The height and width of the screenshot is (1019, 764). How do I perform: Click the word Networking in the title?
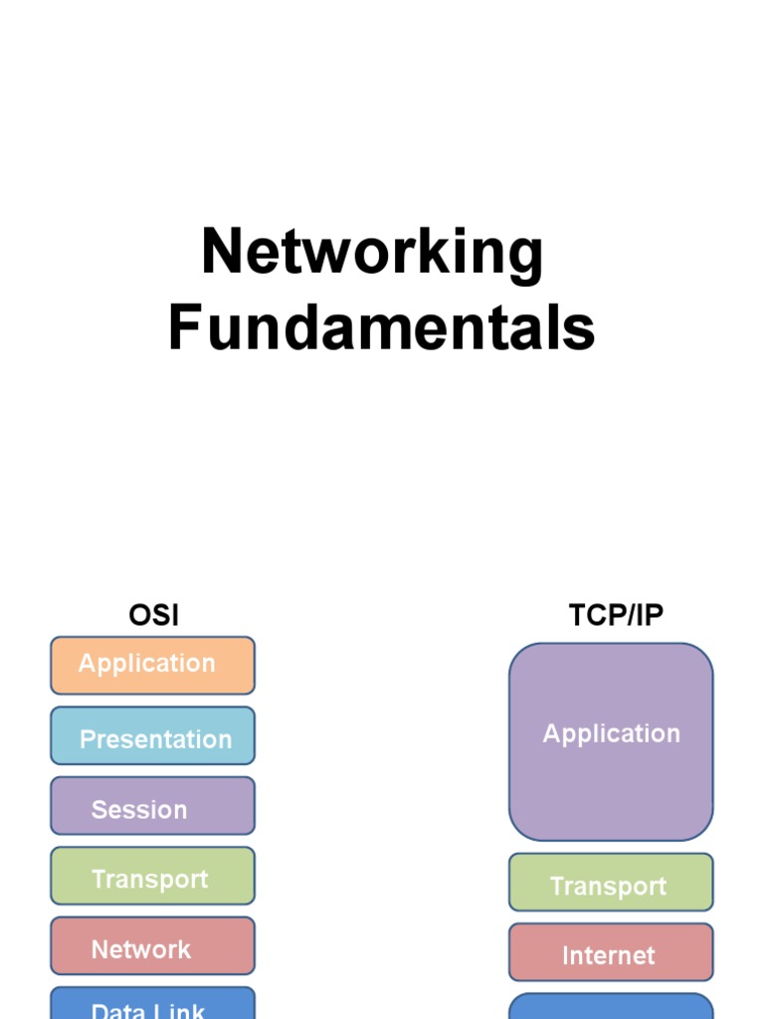tap(372, 253)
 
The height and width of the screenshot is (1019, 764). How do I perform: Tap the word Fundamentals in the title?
tap(381, 328)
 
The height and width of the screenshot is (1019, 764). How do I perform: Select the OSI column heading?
tap(153, 615)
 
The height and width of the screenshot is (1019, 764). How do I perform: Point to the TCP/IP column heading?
tap(616, 615)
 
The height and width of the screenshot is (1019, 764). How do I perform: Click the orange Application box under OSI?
tap(152, 665)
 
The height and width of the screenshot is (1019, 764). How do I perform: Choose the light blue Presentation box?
tap(152, 736)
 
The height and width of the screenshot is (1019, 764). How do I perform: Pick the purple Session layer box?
tap(152, 806)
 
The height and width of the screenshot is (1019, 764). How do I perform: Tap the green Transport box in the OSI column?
tap(152, 876)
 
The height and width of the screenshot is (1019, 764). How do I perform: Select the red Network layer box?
tap(152, 945)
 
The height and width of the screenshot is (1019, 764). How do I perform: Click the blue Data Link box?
tap(152, 1005)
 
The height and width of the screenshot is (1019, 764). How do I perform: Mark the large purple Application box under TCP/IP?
tap(611, 741)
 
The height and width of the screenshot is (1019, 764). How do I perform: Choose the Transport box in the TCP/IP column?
tap(611, 883)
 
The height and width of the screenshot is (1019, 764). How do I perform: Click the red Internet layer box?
tap(611, 952)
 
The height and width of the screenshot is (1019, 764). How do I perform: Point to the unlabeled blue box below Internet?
tap(611, 1007)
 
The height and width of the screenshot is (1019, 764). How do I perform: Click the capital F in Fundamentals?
tap(184, 328)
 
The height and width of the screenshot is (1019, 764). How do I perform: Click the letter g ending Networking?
tap(526, 257)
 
